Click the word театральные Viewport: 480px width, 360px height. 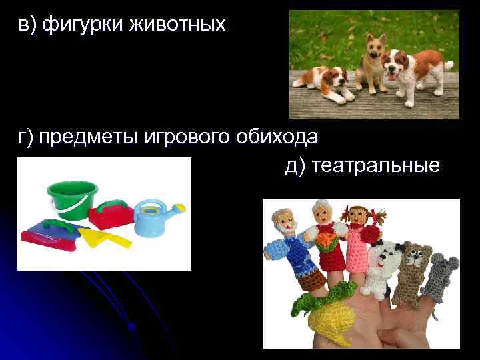click(377, 165)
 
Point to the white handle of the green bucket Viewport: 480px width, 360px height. click(67, 209)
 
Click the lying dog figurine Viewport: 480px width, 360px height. click(326, 81)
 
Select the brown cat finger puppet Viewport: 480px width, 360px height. click(413, 267)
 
